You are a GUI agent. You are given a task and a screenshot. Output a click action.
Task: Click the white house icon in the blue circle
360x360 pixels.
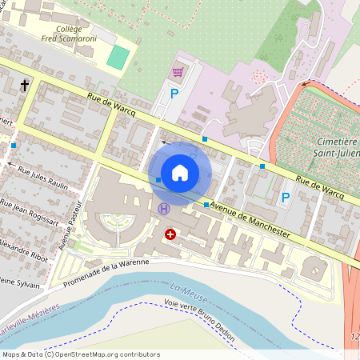tap(180, 173)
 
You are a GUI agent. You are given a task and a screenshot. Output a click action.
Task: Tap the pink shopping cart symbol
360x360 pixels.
tap(178, 73)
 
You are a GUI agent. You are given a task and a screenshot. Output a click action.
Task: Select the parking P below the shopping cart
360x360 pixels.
tap(174, 94)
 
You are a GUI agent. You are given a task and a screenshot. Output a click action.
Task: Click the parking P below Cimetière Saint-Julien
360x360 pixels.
tap(285, 197)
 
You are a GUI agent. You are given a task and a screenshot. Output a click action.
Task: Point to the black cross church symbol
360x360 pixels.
tap(25, 85)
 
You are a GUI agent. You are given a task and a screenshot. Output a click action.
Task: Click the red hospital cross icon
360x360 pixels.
tap(170, 234)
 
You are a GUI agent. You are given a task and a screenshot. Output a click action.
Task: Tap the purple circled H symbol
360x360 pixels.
tap(164, 209)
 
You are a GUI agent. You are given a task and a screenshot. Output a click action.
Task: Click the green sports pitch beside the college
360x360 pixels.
tap(118, 57)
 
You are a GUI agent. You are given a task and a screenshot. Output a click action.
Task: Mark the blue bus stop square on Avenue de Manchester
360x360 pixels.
tap(206, 206)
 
